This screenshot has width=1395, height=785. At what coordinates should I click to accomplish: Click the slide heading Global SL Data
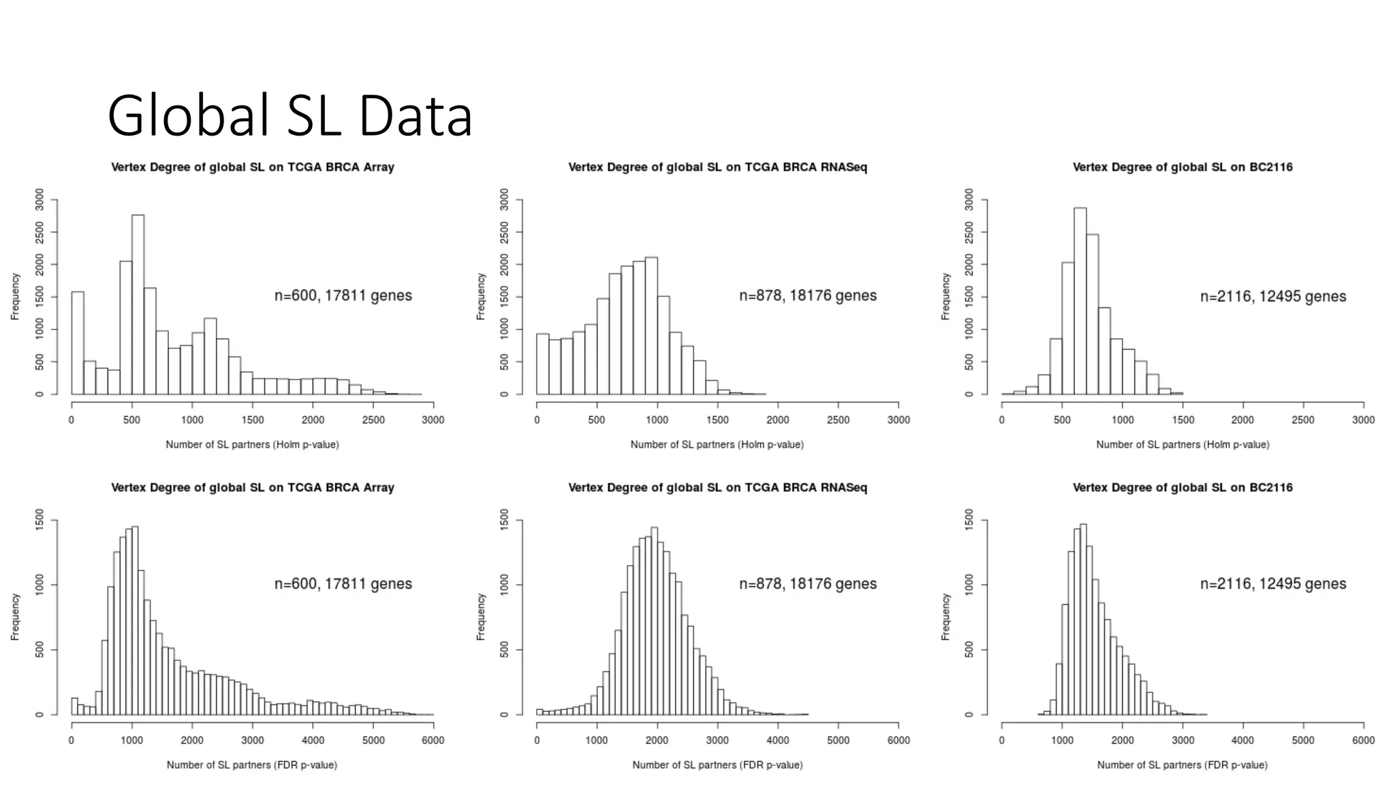[x=289, y=116]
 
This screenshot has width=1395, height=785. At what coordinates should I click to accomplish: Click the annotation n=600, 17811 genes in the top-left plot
[x=343, y=296]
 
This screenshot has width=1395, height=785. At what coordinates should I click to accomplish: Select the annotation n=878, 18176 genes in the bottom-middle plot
[x=808, y=584]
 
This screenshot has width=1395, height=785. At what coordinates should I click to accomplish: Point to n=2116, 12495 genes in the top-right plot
[x=1273, y=296]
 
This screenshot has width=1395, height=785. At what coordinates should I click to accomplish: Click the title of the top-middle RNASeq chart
[x=718, y=167]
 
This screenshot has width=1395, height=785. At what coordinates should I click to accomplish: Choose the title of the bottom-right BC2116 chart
[x=1182, y=487]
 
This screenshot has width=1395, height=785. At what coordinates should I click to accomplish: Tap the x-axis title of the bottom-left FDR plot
[x=252, y=765]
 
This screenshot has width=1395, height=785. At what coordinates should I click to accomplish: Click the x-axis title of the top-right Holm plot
[x=1182, y=444]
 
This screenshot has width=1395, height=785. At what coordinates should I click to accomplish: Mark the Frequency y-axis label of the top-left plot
[x=15, y=296]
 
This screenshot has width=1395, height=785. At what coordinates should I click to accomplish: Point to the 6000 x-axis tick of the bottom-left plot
[x=433, y=740]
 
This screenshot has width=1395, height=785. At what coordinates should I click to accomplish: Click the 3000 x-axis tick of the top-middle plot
[x=898, y=420]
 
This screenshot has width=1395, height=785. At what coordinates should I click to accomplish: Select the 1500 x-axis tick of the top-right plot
[x=1182, y=420]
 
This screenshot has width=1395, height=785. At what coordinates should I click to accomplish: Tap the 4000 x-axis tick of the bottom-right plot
[x=1242, y=740]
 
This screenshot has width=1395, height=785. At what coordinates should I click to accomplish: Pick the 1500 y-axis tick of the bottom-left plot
[x=40, y=521]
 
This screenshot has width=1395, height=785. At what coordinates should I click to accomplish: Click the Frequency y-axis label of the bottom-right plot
[x=945, y=617]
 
